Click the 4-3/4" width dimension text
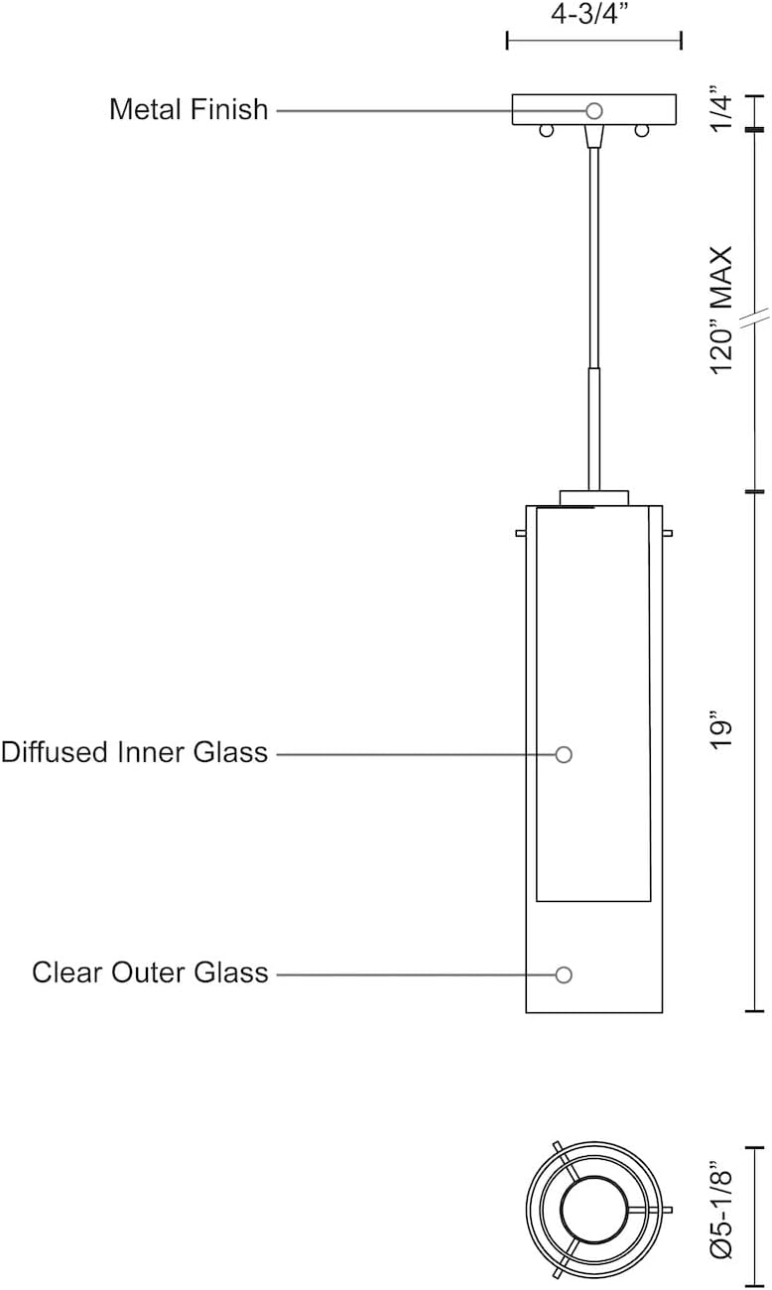(593, 15)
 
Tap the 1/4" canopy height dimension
(725, 110)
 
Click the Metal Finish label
(189, 109)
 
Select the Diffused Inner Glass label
(134, 752)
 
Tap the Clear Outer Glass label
(150, 972)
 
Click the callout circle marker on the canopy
(594, 111)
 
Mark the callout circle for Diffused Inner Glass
(564, 754)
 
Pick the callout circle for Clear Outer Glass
(564, 974)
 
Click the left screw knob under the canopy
(544, 131)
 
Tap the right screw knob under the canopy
(643, 131)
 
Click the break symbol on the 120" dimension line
(760, 317)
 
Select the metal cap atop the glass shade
(593, 497)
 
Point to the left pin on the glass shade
(521, 534)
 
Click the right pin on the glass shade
(667, 534)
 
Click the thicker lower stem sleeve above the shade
(593, 427)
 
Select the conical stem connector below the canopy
(593, 136)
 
